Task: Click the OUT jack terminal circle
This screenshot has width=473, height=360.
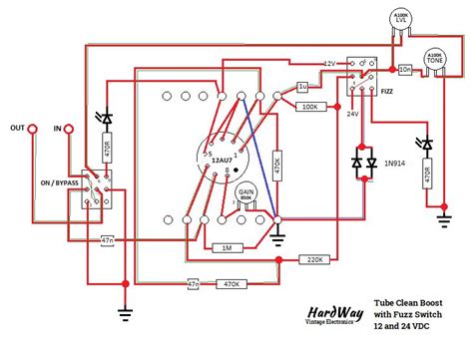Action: coord(32,129)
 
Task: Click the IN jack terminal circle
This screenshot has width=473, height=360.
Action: coord(69,129)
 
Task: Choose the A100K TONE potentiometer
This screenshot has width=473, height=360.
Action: coord(435,60)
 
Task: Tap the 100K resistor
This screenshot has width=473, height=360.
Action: coord(308,106)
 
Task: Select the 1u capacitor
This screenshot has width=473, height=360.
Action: coord(302,88)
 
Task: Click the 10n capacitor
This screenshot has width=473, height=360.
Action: coord(404,69)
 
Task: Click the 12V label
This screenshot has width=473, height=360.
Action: coord(330,64)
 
